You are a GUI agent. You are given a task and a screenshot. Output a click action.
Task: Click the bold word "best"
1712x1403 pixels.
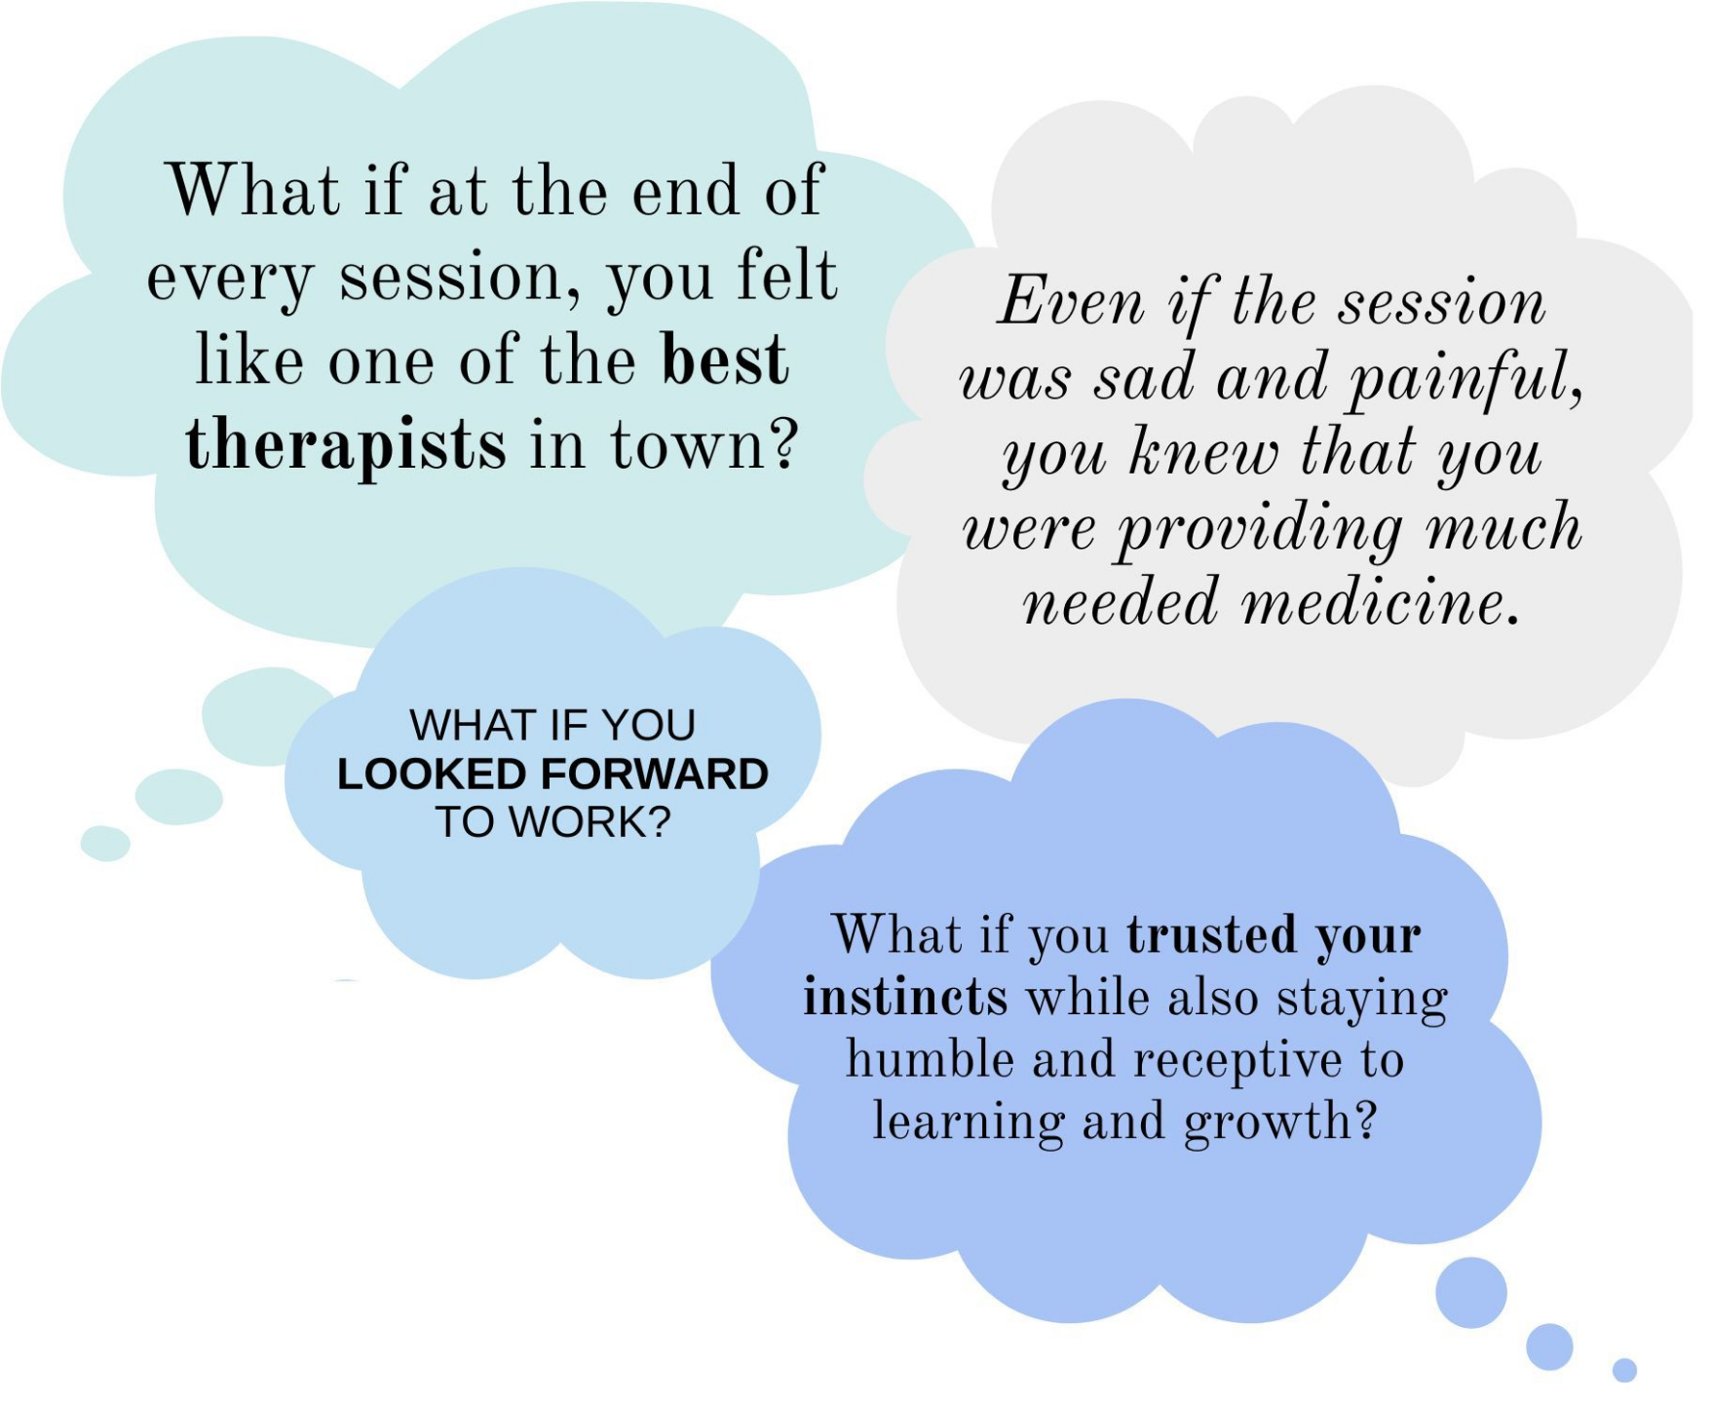pyautogui.click(x=725, y=360)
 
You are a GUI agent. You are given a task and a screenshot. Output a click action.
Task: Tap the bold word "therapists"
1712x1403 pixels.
pyautogui.click(x=346, y=444)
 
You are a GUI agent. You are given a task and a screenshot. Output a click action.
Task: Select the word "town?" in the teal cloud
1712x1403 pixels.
pyautogui.click(x=704, y=444)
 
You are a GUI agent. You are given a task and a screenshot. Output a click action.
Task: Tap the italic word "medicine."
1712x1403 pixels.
pyautogui.click(x=1381, y=602)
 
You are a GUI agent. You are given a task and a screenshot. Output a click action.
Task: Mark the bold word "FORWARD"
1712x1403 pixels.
pyautogui.click(x=655, y=775)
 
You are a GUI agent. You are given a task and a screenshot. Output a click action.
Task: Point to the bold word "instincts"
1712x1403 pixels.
pyautogui.click(x=905, y=998)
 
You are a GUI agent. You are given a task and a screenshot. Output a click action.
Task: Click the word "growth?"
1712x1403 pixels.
pyautogui.click(x=1280, y=1123)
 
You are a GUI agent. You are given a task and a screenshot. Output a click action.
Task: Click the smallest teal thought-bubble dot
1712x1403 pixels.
pyautogui.click(x=105, y=844)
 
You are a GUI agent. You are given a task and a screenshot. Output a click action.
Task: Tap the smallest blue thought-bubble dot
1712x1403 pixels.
pyautogui.click(x=1624, y=1370)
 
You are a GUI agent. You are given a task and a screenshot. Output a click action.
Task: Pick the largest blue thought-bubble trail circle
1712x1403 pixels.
pyautogui.click(x=1471, y=1293)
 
